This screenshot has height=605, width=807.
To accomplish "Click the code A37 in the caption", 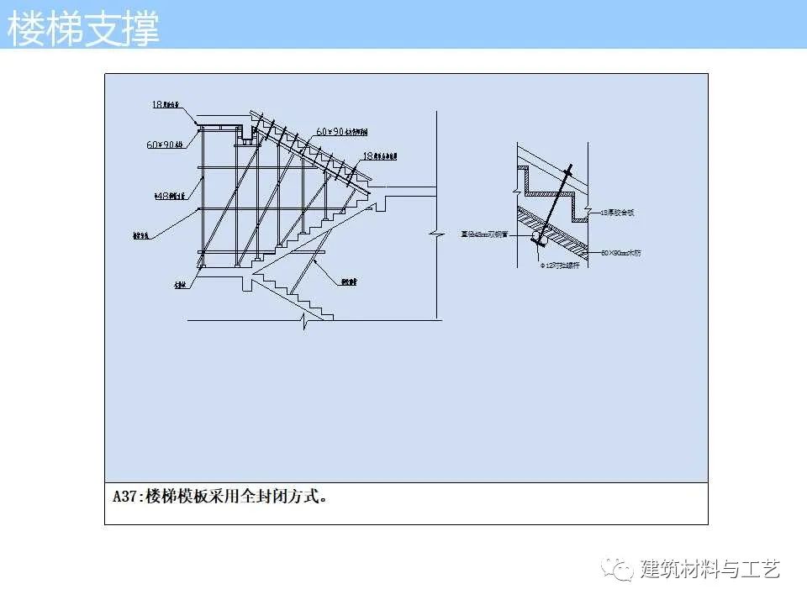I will (x=126, y=496).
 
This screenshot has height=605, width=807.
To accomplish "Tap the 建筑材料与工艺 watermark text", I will (x=710, y=569).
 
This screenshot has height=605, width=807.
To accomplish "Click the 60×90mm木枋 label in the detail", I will (x=621, y=252).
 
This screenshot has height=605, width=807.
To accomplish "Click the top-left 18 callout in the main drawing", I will (x=166, y=105).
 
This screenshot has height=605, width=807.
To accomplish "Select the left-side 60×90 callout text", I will (x=166, y=145).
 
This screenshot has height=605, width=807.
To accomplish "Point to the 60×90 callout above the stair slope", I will (x=341, y=132).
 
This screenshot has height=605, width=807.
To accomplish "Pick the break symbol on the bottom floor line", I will (x=304, y=319).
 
